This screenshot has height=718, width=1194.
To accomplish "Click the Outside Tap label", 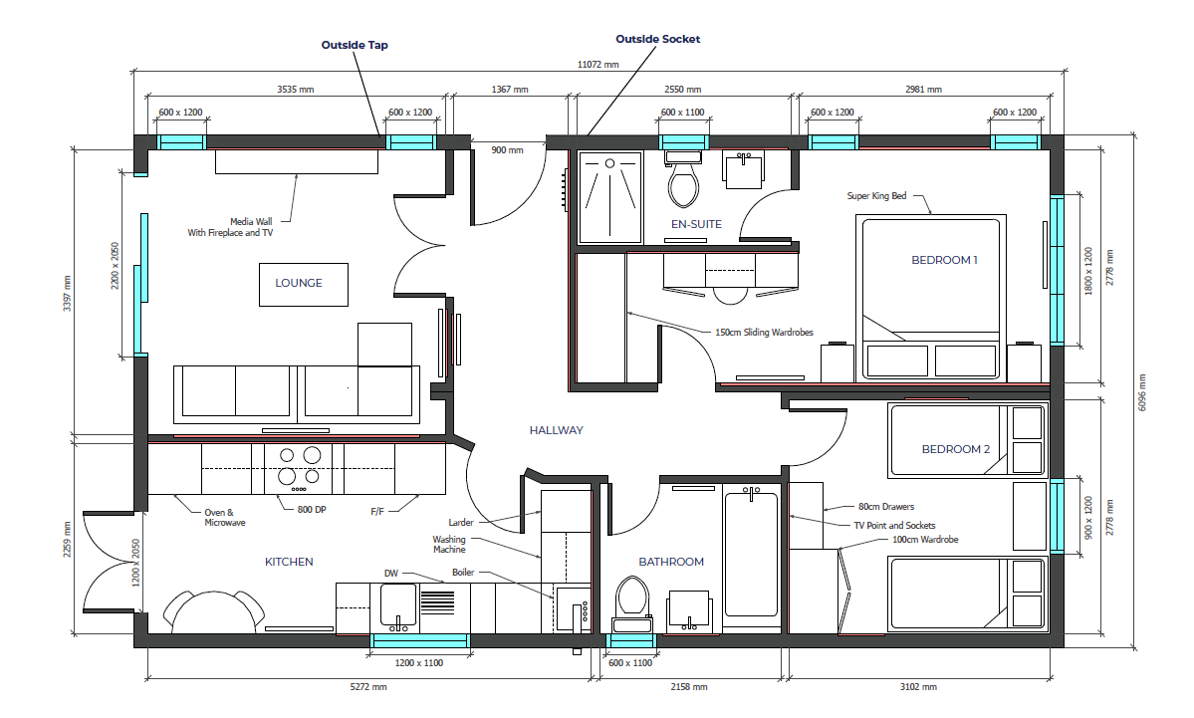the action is click(x=355, y=45).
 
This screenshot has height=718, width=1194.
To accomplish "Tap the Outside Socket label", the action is click(x=658, y=39).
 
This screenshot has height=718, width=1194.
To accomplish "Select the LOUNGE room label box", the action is click(x=303, y=285).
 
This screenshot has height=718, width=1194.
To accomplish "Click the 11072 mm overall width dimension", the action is click(x=598, y=65).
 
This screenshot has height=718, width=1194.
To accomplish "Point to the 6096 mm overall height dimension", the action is click(x=1141, y=393).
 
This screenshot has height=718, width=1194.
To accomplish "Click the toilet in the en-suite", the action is click(x=683, y=179).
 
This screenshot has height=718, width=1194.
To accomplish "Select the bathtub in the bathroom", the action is click(x=752, y=554).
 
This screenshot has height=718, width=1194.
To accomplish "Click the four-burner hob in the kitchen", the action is click(x=299, y=468).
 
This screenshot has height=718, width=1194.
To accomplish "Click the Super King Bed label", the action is click(x=876, y=196).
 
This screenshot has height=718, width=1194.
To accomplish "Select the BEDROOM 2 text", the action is click(x=956, y=449).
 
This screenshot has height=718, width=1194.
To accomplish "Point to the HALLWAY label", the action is click(x=556, y=430).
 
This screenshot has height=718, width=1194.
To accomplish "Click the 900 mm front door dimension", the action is click(x=507, y=150).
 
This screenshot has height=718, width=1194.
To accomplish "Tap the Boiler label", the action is click(x=463, y=573).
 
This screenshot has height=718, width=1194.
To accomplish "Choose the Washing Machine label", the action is click(x=449, y=545).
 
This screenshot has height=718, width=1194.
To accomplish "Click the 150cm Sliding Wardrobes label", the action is click(x=764, y=333).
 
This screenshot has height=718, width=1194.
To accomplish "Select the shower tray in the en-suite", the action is click(x=609, y=197).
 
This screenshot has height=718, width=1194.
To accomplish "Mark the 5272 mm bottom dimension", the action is click(x=368, y=687).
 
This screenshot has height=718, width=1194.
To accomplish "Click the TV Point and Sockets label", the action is click(x=894, y=526).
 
